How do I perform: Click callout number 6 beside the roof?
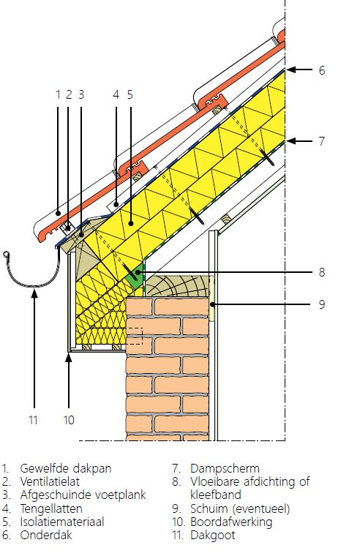click(x=321, y=70)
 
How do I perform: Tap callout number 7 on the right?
click(x=321, y=141)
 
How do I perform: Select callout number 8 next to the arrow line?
click(x=321, y=272)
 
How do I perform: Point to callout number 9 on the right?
click(x=321, y=304)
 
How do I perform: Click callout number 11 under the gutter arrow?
click(x=33, y=420)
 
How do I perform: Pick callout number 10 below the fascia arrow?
click(x=69, y=420)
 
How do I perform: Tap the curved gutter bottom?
click(x=34, y=285)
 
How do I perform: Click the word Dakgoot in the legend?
click(x=212, y=535)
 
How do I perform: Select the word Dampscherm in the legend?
click(x=225, y=468)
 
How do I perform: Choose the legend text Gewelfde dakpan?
click(x=66, y=468)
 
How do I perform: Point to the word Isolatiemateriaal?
click(x=62, y=522)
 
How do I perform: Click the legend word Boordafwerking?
click(x=231, y=522)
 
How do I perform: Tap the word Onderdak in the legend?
click(x=46, y=535)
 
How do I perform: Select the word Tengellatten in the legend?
click(x=51, y=509)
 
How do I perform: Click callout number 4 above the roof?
click(x=116, y=94)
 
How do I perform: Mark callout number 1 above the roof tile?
click(x=58, y=94)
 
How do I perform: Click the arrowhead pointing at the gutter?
click(x=34, y=293)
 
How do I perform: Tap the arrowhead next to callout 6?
click(x=290, y=69)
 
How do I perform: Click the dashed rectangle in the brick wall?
click(x=135, y=336)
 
